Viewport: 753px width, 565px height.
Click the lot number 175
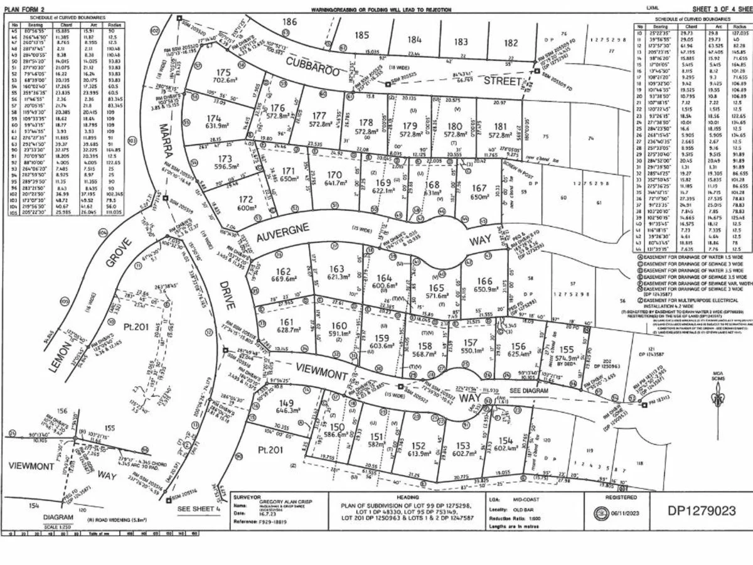[223, 72]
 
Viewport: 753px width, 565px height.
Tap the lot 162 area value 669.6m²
[283, 280]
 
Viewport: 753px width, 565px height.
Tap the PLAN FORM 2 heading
[24, 9]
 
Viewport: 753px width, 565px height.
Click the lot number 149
[286, 403]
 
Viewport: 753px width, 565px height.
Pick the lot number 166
[484, 281]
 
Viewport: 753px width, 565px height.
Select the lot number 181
[500, 126]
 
